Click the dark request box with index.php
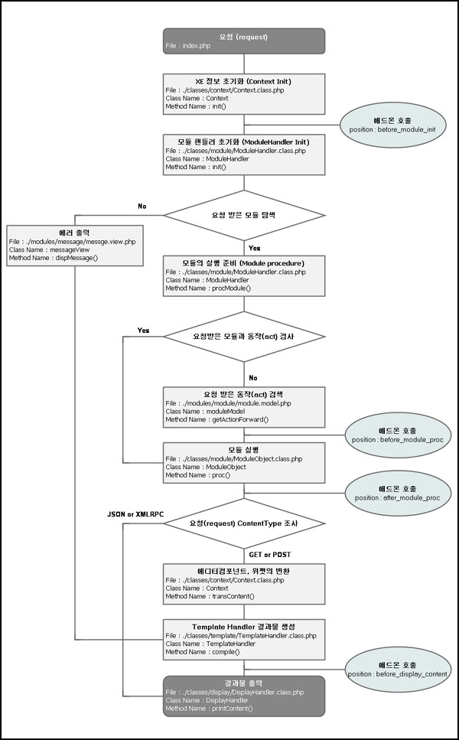point(244,41)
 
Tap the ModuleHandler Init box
point(244,154)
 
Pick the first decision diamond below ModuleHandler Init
point(244,216)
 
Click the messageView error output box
point(74,245)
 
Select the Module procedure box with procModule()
point(244,275)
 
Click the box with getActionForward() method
point(244,406)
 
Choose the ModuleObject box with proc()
point(244,461)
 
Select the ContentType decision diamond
point(244,525)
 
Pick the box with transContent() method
point(244,583)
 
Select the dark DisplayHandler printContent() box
point(244,695)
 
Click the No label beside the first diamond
point(142,207)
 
